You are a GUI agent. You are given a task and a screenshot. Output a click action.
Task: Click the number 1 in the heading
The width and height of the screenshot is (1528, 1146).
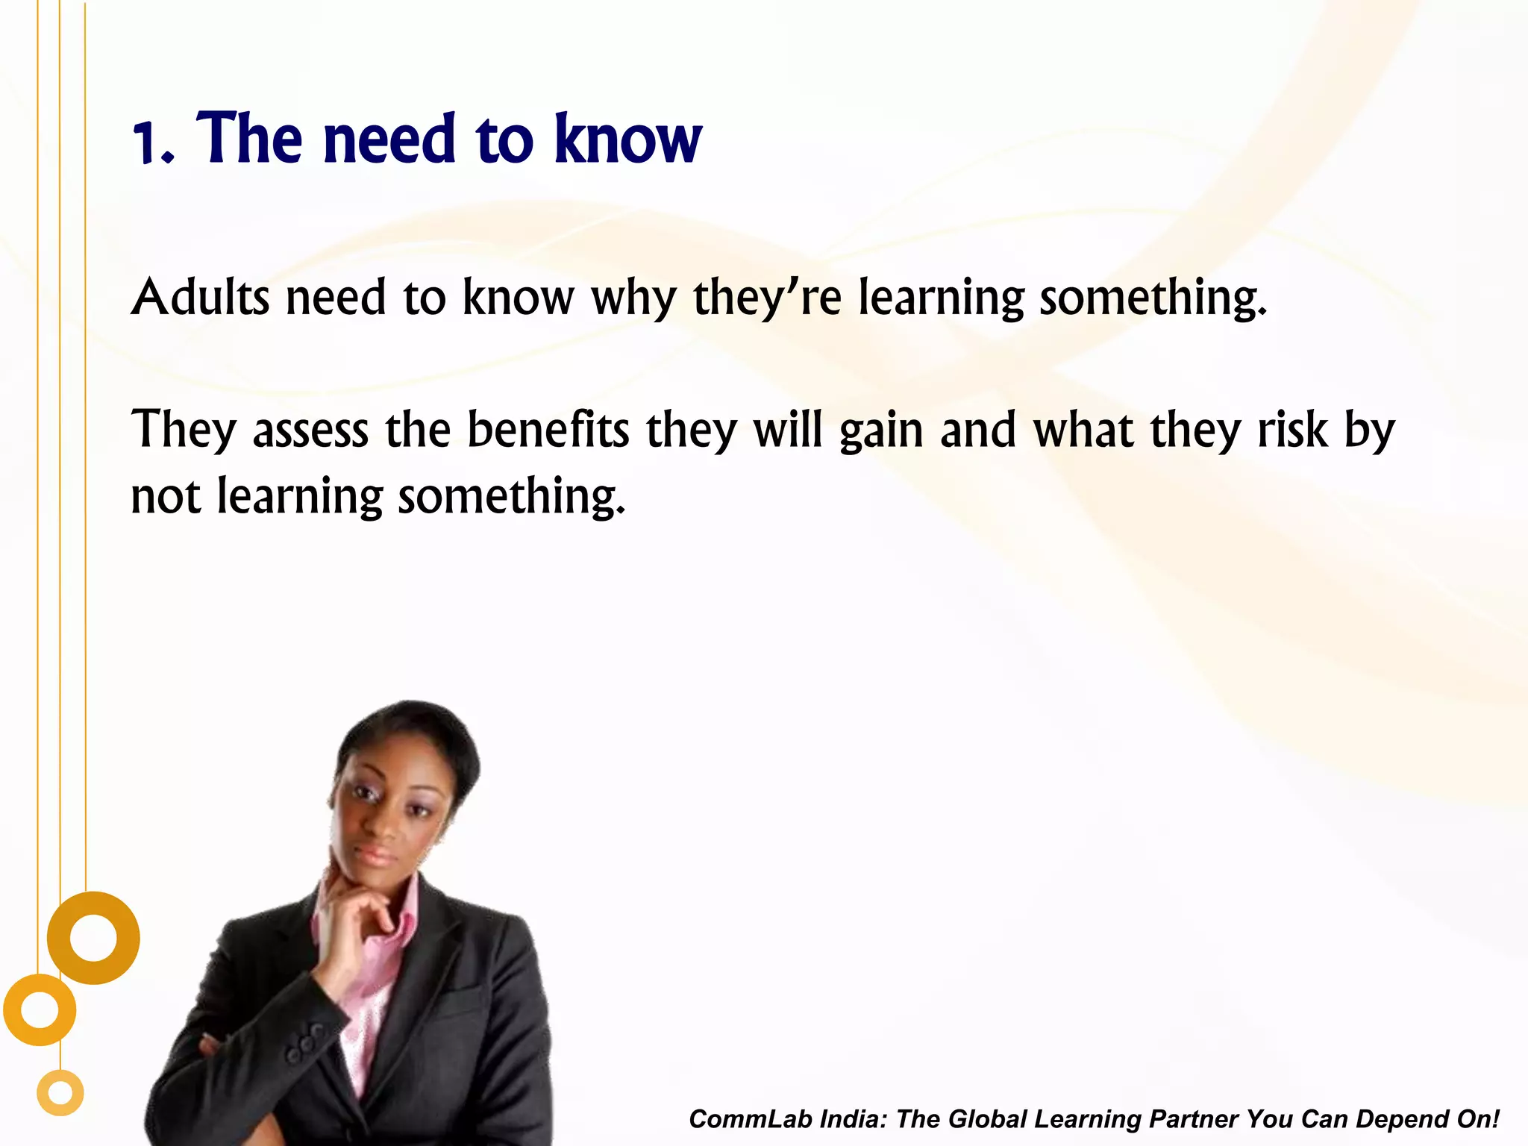tap(146, 143)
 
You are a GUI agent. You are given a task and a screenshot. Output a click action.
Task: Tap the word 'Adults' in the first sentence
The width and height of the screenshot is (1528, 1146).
tap(200, 298)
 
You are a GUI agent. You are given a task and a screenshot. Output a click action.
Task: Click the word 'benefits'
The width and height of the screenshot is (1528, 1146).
tap(548, 430)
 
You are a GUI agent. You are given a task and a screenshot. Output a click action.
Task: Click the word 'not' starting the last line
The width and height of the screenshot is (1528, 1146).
tap(166, 497)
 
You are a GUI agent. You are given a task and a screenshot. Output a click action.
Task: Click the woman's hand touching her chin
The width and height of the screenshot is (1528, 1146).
tap(358, 907)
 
